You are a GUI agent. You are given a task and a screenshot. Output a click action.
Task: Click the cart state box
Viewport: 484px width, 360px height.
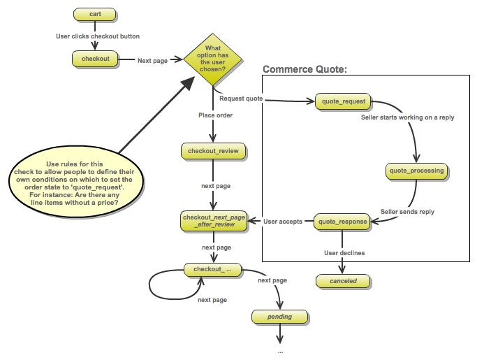(x=95, y=14)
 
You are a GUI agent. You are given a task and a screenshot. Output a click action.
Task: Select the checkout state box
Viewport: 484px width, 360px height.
(x=95, y=59)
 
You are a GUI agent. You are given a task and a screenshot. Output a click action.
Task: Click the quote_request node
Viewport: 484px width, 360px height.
(x=343, y=101)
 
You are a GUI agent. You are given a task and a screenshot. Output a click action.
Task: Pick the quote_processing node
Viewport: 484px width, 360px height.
(x=416, y=171)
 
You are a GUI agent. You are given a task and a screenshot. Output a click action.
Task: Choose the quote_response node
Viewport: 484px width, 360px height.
(x=342, y=222)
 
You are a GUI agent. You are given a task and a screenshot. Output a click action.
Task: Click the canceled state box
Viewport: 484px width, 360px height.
(x=342, y=281)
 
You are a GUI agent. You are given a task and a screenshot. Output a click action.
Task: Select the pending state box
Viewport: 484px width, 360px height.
(x=279, y=317)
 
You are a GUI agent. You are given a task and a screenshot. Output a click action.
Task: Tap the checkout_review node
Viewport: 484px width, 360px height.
(x=214, y=151)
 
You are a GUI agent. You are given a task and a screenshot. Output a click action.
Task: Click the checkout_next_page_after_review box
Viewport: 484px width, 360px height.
(x=214, y=221)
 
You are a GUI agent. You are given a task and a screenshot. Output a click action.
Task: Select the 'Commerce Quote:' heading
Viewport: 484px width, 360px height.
(x=305, y=69)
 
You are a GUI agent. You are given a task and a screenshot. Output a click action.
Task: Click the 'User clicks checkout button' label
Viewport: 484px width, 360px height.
(x=98, y=36)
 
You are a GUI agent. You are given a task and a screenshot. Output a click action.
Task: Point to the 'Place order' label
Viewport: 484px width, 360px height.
(x=215, y=115)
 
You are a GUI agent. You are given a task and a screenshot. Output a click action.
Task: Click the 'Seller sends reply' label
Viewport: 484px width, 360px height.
(x=407, y=211)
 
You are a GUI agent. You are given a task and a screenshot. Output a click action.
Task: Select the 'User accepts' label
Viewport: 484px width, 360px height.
(x=283, y=222)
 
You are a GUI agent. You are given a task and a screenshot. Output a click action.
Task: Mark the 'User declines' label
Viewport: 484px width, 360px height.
(x=344, y=252)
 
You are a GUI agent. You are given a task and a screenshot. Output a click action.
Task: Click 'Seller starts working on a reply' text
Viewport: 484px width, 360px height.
(x=407, y=117)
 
